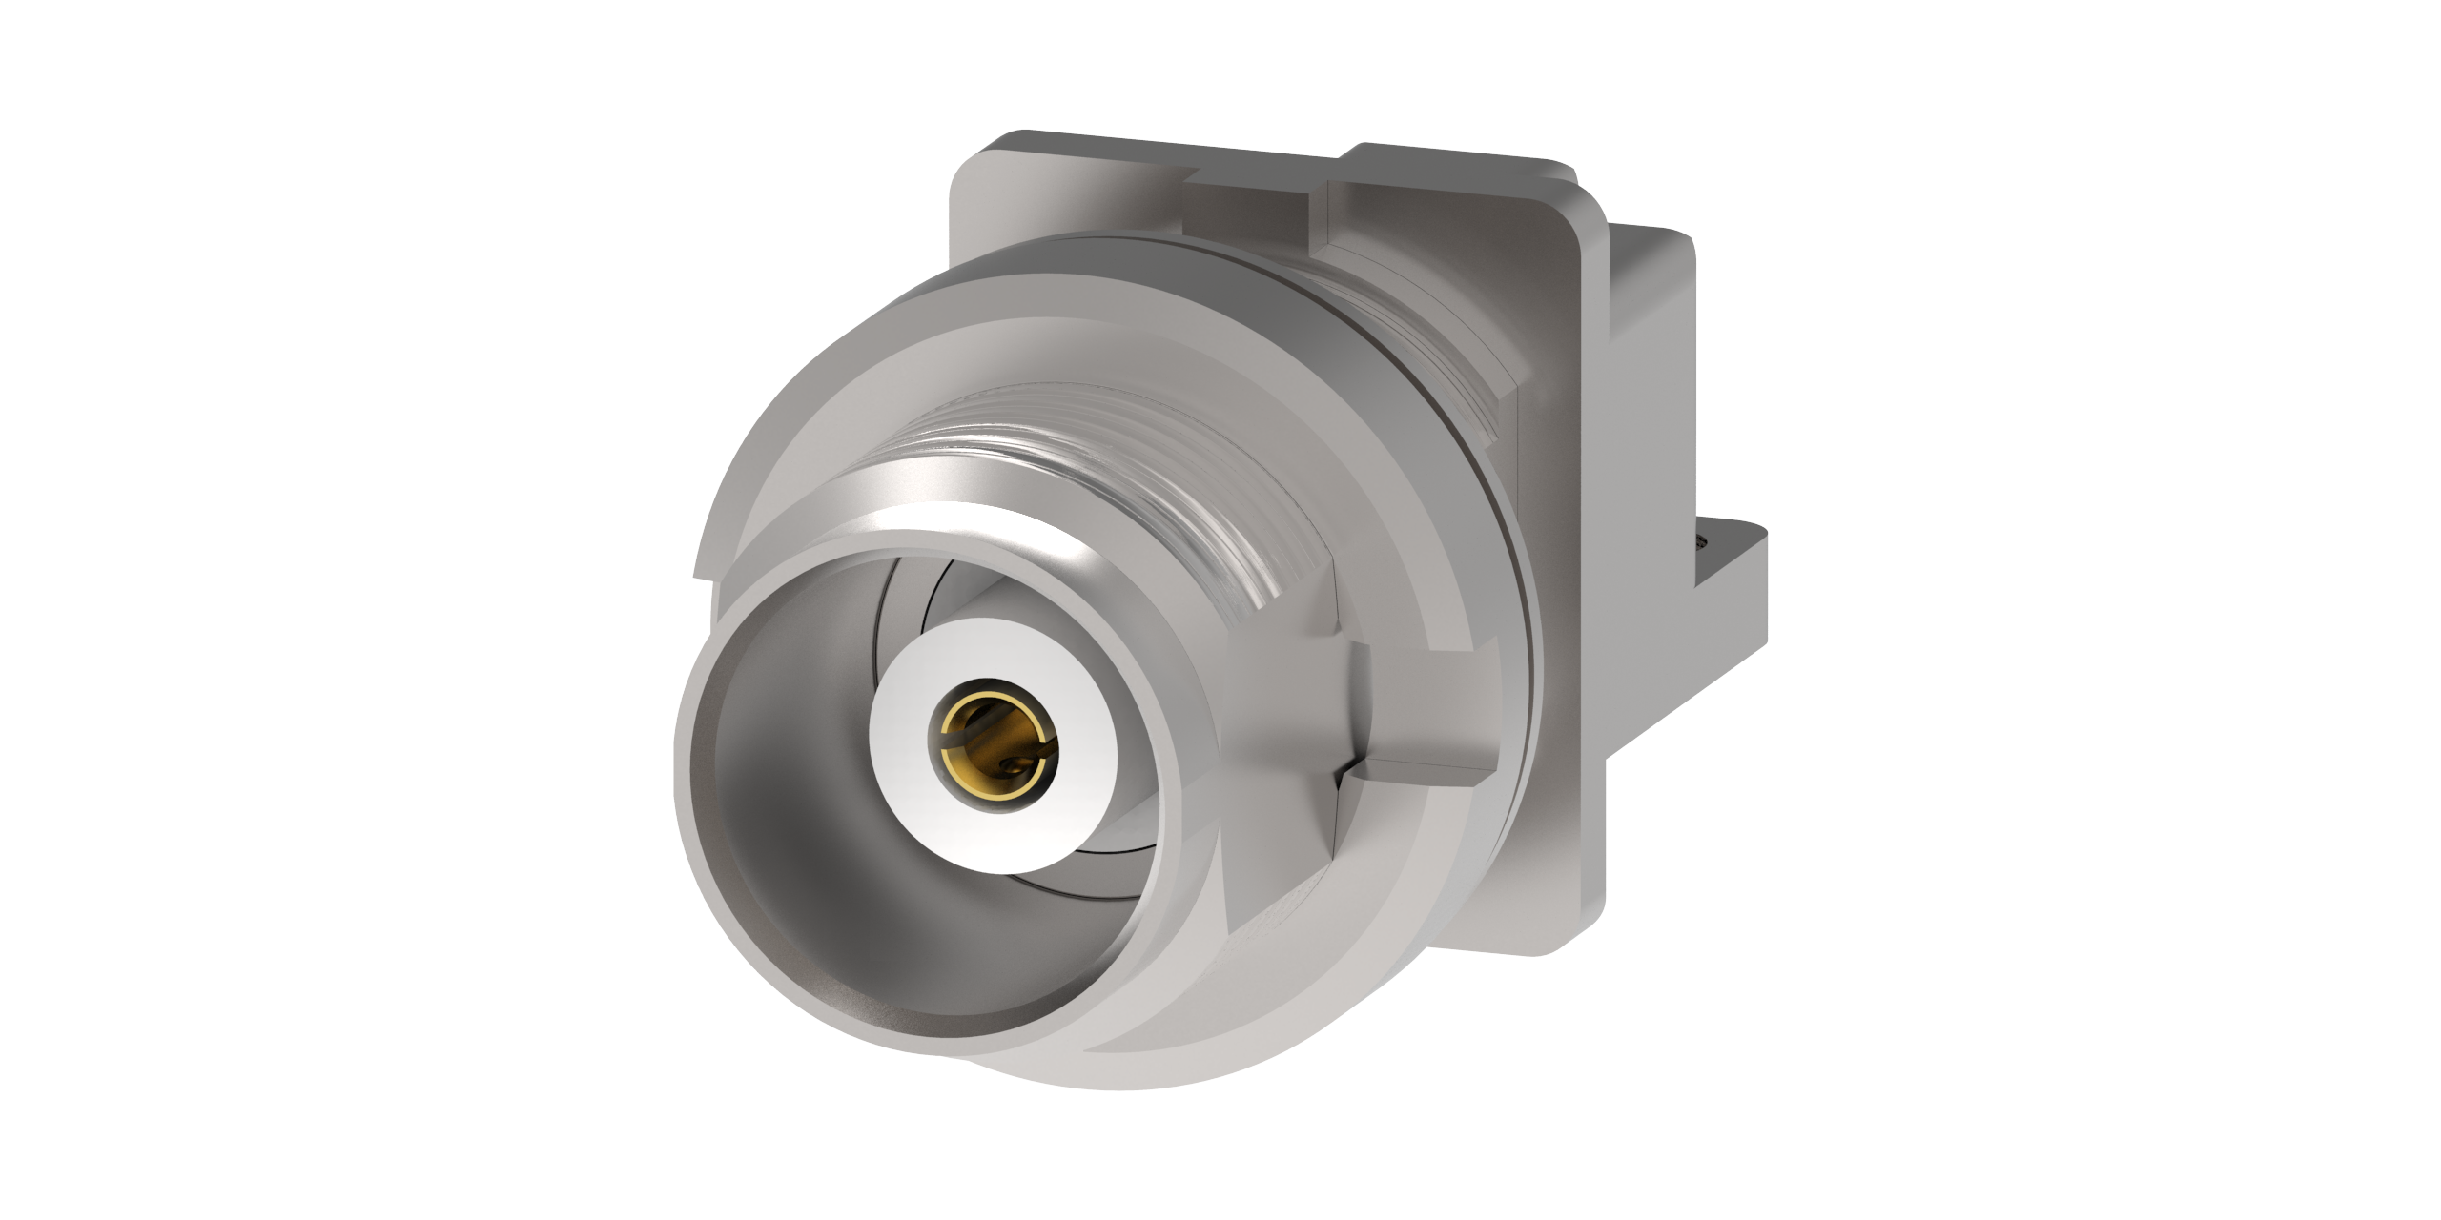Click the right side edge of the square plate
1592,572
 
